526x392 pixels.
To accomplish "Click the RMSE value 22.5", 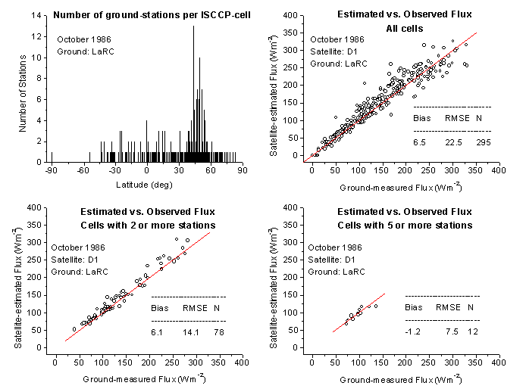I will [x=448, y=142].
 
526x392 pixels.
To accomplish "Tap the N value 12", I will [x=471, y=331].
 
